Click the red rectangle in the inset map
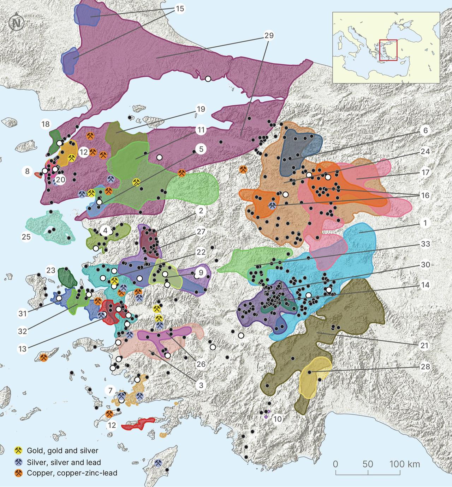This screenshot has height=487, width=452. click(388, 50)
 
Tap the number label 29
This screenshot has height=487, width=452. click(268, 36)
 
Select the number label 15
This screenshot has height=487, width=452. click(180, 9)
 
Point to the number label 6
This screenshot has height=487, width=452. click(426, 130)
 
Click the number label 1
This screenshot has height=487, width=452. click(426, 223)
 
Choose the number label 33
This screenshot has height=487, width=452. click(426, 244)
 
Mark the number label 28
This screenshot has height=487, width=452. click(426, 366)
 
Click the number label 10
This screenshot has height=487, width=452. click(278, 419)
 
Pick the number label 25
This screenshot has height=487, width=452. click(26, 236)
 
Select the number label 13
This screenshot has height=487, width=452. click(23, 348)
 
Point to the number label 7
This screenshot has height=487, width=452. click(111, 391)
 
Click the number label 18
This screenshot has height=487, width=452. click(46, 124)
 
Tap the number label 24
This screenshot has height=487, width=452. click(426, 151)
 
